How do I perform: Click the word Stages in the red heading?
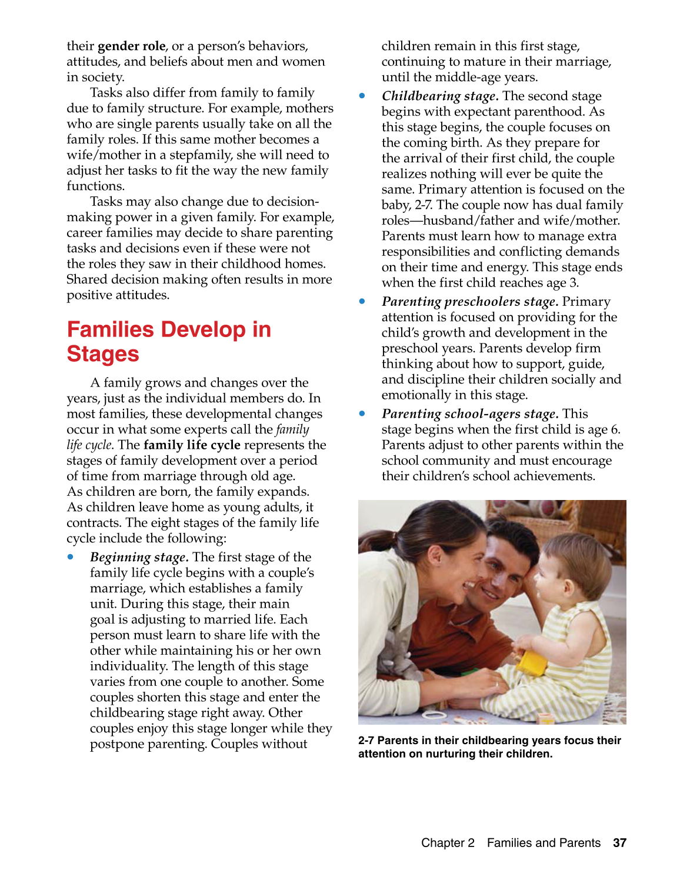coord(103,354)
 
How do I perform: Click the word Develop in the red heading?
coord(199,329)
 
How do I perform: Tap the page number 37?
coord(619,843)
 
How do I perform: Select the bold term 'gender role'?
coord(131,46)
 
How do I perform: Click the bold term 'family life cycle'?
coord(192,445)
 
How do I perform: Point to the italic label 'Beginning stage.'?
coord(139,557)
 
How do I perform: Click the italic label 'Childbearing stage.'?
coord(440,96)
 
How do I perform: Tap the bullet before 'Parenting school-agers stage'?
coord(362,414)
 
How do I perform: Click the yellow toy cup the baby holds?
coord(531,661)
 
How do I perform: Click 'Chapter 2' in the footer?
coord(448,843)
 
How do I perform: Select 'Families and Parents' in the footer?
coord(544,843)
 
